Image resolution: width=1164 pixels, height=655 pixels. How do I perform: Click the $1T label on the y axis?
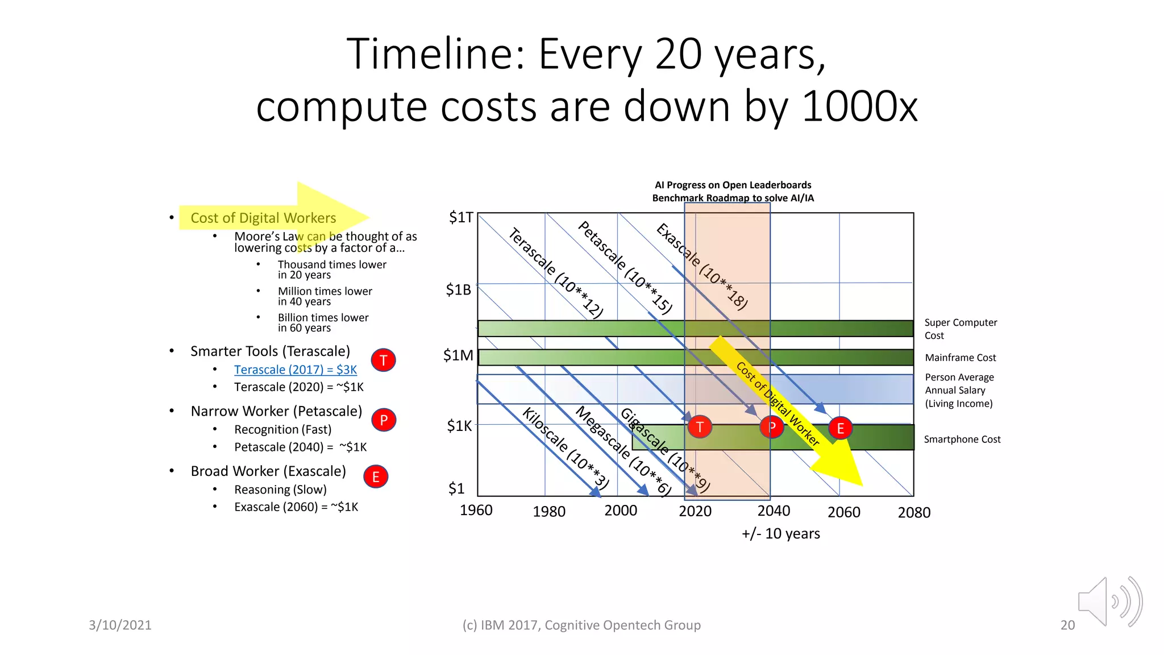click(x=461, y=217)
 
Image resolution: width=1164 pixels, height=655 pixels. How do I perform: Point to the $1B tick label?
click(x=459, y=290)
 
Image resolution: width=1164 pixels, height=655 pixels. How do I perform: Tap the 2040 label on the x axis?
click(x=774, y=511)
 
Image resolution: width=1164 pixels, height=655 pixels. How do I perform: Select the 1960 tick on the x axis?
click(x=476, y=510)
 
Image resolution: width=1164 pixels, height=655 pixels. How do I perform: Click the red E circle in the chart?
click(x=840, y=428)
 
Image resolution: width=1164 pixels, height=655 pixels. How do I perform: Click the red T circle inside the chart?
click(x=700, y=426)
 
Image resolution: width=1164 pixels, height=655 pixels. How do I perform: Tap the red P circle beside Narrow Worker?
click(x=384, y=420)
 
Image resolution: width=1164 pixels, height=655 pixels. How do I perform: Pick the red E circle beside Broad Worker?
click(x=376, y=476)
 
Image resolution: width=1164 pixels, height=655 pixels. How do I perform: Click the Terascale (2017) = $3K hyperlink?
click(x=296, y=370)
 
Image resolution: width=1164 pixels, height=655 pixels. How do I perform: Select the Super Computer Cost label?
click(x=960, y=329)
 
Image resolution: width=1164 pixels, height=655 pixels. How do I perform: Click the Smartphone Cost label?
click(x=962, y=439)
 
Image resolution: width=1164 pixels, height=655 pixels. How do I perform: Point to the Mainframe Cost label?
click(x=960, y=358)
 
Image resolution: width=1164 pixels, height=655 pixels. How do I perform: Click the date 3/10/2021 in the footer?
click(x=120, y=625)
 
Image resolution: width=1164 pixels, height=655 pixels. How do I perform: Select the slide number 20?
click(x=1067, y=625)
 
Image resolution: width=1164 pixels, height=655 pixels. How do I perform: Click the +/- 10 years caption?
click(x=780, y=533)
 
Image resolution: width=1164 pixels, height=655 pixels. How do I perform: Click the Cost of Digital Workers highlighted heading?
click(x=263, y=218)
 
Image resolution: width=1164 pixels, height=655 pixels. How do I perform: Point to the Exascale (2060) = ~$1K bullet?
click(x=296, y=507)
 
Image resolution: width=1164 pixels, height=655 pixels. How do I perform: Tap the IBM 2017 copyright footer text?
click(x=581, y=625)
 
